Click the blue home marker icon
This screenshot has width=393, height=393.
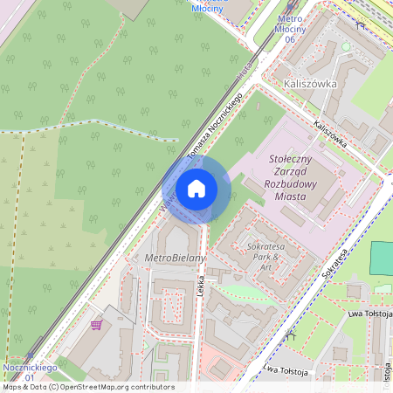[x=196, y=189]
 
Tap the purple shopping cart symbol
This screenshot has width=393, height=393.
[x=96, y=325]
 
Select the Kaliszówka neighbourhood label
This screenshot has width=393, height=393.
[x=312, y=84]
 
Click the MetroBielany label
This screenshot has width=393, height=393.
[x=175, y=259]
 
